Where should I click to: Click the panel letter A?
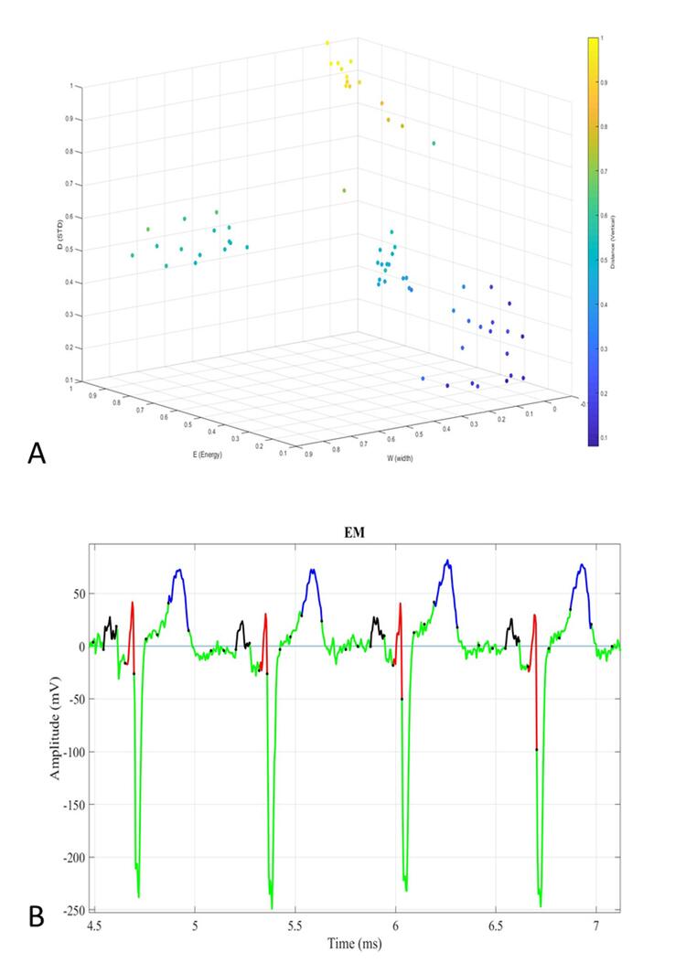pos(38,452)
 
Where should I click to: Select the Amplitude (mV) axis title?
pos(58,726)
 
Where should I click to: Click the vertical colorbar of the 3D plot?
pos(594,241)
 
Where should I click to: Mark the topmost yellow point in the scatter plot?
pos(327,43)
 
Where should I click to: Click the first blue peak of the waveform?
pos(179,571)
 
